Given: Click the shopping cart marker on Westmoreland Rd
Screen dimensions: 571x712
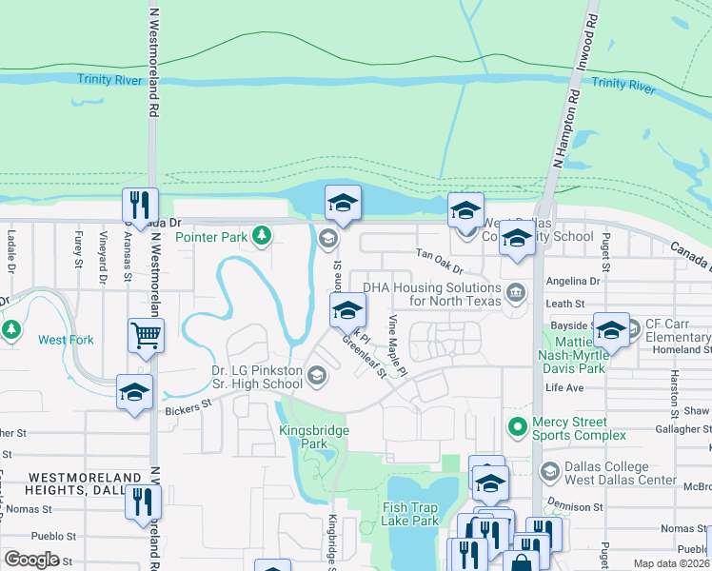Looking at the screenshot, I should click(147, 335).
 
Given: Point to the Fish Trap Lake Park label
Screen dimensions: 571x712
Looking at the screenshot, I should click(410, 514).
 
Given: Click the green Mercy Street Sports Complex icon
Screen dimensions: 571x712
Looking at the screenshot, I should click(518, 427).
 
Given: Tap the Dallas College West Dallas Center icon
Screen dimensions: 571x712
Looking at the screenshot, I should click(549, 471).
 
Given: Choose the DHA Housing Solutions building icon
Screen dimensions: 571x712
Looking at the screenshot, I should click(516, 291).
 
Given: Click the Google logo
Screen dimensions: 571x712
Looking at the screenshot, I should click(31, 560).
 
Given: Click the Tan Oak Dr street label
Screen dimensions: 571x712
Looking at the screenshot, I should click(440, 255).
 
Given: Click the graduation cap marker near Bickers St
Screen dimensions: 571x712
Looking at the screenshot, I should click(134, 392).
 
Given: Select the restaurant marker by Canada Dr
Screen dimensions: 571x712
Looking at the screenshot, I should click(140, 206).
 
